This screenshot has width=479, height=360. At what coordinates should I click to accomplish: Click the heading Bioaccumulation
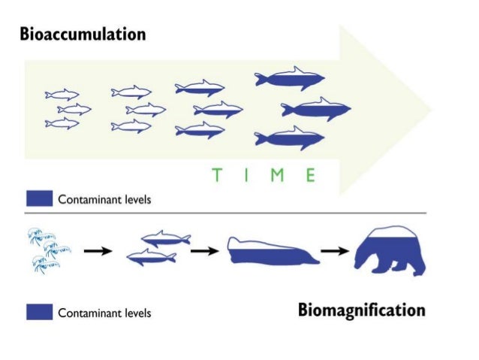pyautogui.click(x=83, y=35)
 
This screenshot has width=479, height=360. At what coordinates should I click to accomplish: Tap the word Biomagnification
pyautogui.click(x=361, y=310)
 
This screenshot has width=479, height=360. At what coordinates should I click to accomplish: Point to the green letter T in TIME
pyautogui.click(x=216, y=175)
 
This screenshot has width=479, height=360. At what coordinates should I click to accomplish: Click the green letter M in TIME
pyautogui.click(x=276, y=175)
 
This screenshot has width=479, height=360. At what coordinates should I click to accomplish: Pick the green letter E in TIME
pyautogui.click(x=309, y=175)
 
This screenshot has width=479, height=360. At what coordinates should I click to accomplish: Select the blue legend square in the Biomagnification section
pyautogui.click(x=39, y=312)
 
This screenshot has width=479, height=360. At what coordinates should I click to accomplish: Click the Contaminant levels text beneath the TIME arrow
pyautogui.click(x=105, y=200)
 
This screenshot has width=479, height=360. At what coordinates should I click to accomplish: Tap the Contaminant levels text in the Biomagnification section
pyautogui.click(x=105, y=313)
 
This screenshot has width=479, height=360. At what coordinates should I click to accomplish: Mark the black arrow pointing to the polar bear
pyautogui.click(x=336, y=251)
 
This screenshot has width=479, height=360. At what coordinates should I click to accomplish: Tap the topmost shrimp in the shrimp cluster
pyautogui.click(x=38, y=234)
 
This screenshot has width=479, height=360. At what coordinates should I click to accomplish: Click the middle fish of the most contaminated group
pyautogui.click(x=316, y=110)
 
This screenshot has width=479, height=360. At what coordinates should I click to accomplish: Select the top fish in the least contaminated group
pyautogui.click(x=62, y=95)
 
